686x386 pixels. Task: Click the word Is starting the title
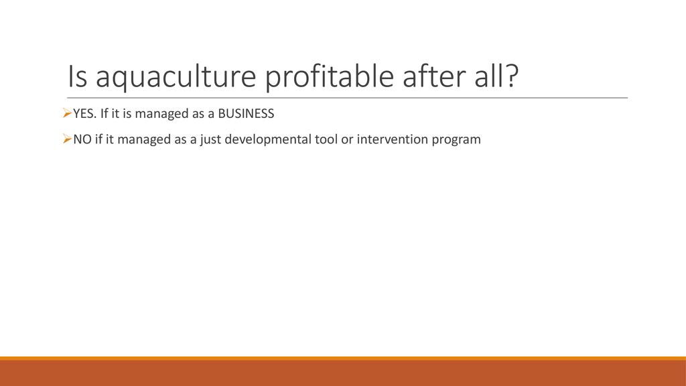[x=77, y=76]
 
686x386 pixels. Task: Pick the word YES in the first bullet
[x=84, y=114]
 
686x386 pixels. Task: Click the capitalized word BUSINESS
[x=246, y=114]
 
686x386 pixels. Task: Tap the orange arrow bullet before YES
[x=67, y=114]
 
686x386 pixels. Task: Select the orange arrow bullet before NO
[x=67, y=139]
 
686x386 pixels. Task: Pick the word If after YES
[x=104, y=114]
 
